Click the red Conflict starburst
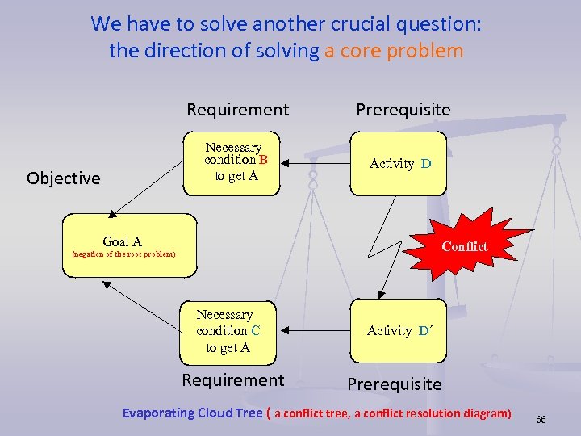pos(455,245)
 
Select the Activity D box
pos(399,164)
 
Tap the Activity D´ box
pos(399,330)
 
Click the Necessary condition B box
pos(232,164)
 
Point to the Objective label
pos(64,178)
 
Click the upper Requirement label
pos(237,109)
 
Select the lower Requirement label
pos(233,380)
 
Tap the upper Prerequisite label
pos(403,109)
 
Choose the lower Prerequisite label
pos(395,384)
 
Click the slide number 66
pos(541,420)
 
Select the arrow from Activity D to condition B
pos(316,164)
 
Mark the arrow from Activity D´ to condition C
pos(312,330)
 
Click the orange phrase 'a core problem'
pos(394,51)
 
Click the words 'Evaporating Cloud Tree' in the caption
pos(192,413)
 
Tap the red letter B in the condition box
pos(262,159)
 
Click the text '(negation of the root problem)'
pos(123,254)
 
